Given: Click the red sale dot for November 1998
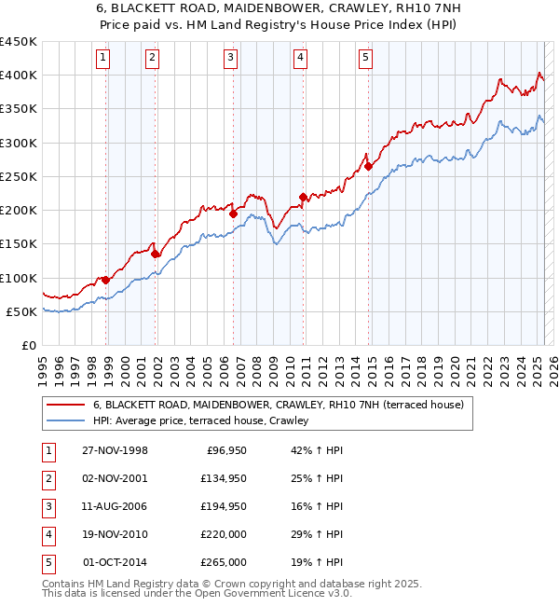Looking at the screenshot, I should [106, 280].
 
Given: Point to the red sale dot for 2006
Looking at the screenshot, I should [234, 213].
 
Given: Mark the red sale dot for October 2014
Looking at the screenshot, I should [369, 167].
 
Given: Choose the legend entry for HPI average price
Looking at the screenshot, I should [205, 421].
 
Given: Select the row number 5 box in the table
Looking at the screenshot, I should [48, 562].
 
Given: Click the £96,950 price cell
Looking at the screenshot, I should [224, 450].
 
